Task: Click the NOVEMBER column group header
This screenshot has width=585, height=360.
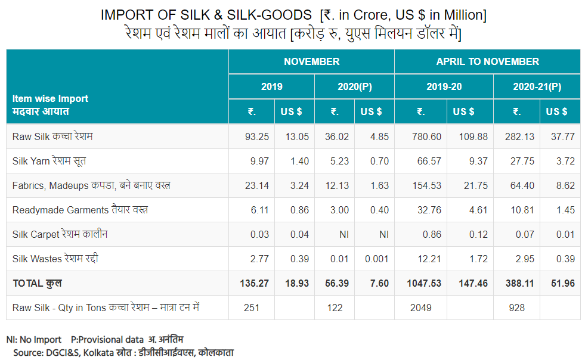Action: coord(311,61)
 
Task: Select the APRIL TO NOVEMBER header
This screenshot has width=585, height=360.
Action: coord(487,61)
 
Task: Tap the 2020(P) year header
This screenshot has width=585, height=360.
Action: coord(354,86)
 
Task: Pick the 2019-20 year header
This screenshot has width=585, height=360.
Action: coord(444,86)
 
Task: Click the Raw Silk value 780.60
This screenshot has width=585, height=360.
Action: coord(426,136)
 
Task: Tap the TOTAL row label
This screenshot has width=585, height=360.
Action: coord(37,283)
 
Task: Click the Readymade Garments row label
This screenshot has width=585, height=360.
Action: coord(80,210)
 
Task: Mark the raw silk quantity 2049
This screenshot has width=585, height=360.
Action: coord(420,308)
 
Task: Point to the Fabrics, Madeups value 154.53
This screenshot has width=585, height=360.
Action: coord(426,185)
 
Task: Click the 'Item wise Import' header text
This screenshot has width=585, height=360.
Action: coord(50,99)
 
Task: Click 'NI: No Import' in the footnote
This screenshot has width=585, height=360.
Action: coord(34,340)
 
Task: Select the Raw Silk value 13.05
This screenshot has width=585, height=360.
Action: coord(296,136)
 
